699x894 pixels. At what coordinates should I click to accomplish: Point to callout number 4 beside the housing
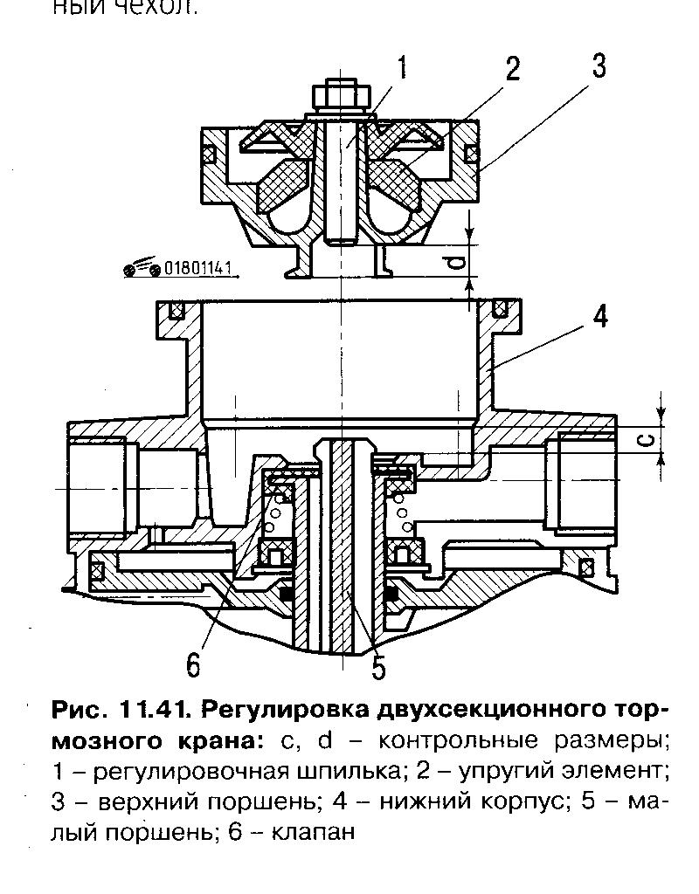point(599,316)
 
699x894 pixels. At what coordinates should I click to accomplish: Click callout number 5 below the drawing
point(377,667)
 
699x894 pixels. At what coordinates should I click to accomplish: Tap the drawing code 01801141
point(197,269)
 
